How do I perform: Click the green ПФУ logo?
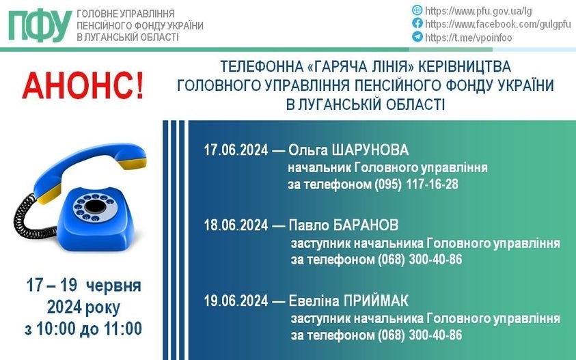click(x=40, y=26)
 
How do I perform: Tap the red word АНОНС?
click(x=83, y=86)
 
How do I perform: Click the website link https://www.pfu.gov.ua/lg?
click(x=478, y=11)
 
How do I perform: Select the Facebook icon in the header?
click(x=417, y=23)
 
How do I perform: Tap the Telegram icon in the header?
click(x=417, y=36)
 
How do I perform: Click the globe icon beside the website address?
click(x=417, y=10)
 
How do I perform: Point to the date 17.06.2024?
click(x=236, y=150)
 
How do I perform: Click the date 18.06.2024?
click(x=236, y=225)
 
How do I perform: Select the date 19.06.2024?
click(x=236, y=301)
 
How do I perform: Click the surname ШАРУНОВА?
click(x=370, y=150)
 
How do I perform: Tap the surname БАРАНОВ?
click(x=366, y=225)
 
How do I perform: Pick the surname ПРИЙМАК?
click(x=376, y=301)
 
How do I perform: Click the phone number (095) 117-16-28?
click(x=416, y=184)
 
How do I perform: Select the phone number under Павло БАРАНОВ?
click(x=420, y=260)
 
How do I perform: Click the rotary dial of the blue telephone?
click(x=95, y=208)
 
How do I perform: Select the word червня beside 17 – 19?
click(x=113, y=286)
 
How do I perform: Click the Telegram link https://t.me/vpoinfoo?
click(x=468, y=38)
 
